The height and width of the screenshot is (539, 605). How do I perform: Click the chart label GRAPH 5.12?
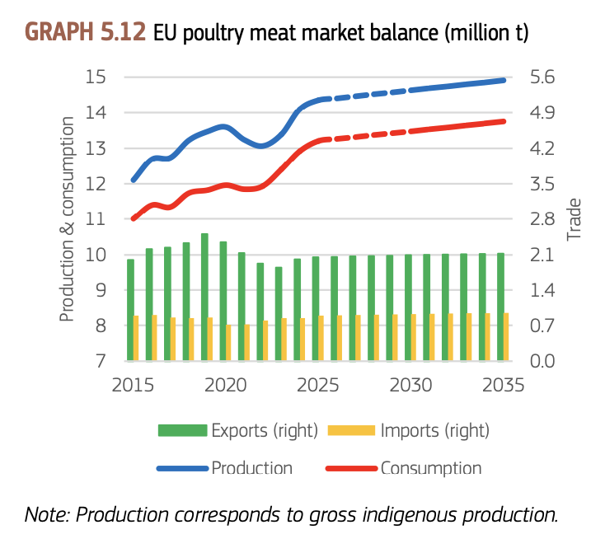click(x=86, y=32)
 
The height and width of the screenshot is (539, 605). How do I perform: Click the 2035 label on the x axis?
click(x=503, y=386)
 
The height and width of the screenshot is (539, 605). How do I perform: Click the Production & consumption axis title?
click(x=67, y=218)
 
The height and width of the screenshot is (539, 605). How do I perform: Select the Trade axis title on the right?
click(x=574, y=219)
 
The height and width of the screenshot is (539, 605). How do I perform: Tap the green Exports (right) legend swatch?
click(x=182, y=430)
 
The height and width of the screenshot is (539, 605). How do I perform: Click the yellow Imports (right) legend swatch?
click(x=352, y=430)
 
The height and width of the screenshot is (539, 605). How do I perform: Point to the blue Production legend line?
click(x=182, y=469)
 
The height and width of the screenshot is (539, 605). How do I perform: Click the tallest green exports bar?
click(x=204, y=297)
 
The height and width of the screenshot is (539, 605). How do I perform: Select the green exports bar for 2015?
click(x=130, y=310)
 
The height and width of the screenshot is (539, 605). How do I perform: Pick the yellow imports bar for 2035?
click(x=507, y=337)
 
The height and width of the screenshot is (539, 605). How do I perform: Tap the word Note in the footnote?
click(x=47, y=515)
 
